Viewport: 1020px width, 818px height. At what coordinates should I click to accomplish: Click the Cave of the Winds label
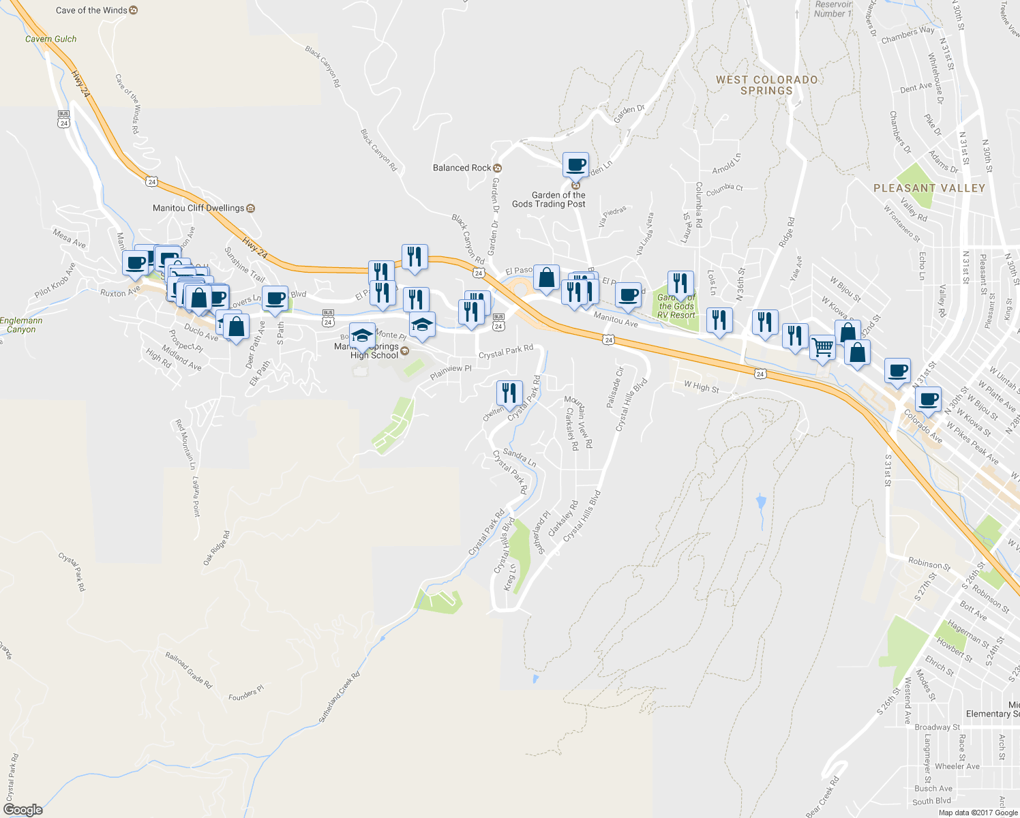point(91,10)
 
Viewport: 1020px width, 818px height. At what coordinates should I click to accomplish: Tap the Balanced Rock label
point(462,168)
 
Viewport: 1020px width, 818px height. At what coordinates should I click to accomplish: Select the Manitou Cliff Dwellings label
point(198,208)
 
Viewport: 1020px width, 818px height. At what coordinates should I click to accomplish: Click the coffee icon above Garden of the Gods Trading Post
point(575,164)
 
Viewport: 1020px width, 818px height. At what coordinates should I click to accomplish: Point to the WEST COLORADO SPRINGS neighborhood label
point(766,85)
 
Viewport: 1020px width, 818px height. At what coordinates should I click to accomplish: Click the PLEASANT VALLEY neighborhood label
point(929,188)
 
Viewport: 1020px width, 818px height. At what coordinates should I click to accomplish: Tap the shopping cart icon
point(823,347)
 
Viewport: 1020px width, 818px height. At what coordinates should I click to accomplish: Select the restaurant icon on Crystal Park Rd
point(509,393)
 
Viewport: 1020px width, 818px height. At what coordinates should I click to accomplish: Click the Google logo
point(22,809)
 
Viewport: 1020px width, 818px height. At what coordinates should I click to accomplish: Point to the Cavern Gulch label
point(51,39)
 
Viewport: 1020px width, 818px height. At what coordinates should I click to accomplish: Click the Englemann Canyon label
point(21,325)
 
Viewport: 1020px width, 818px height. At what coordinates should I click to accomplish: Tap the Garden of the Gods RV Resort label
point(676,306)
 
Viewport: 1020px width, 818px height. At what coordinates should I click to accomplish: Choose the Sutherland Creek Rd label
point(339,698)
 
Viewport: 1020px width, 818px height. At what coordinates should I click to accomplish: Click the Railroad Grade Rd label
point(189,670)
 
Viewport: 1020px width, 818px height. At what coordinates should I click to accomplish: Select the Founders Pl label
point(245,694)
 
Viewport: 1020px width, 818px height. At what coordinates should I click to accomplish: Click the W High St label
point(701,387)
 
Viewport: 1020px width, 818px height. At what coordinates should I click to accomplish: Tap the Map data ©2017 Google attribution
point(978,812)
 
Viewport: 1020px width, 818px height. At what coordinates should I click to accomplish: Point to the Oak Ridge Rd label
point(217,548)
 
